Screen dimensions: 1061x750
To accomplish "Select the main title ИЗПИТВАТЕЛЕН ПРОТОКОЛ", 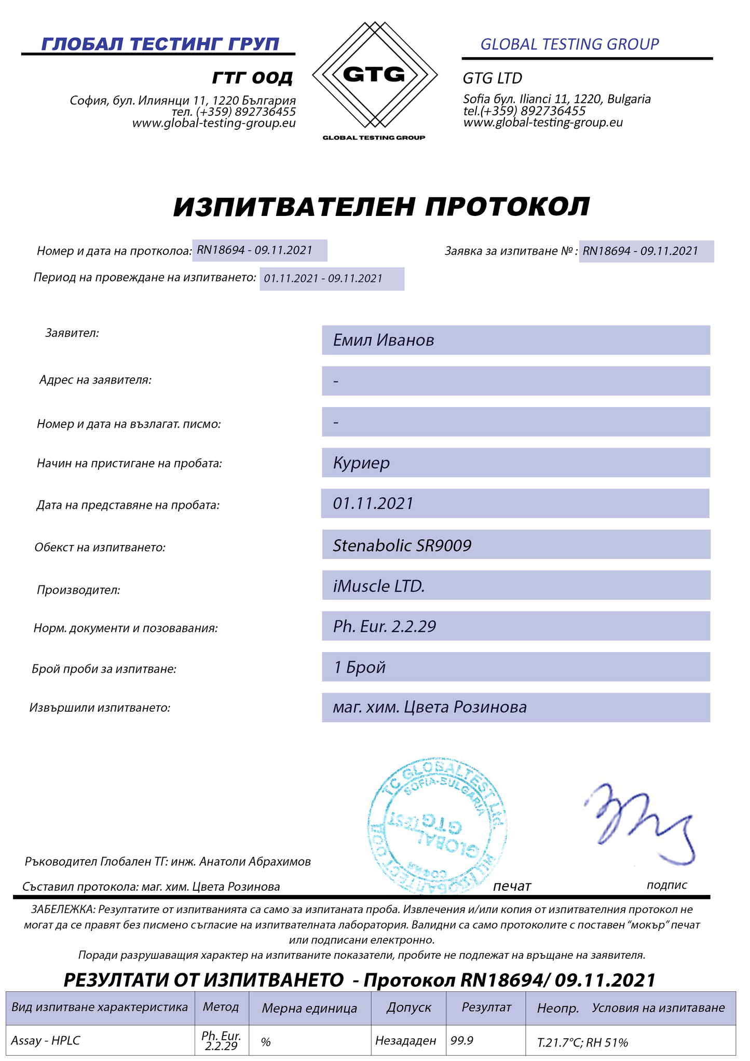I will [381, 207].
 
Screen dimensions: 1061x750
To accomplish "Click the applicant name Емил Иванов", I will [384, 341].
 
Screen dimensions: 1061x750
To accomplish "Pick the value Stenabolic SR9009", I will [402, 546].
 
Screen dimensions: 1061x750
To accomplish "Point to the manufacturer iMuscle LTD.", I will [379, 586].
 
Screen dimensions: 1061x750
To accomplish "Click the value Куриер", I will [361, 463].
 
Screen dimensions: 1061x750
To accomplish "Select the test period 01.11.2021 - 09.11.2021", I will [323, 279].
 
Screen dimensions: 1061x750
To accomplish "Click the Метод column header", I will [221, 1007].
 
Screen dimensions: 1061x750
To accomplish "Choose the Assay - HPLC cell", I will [46, 1040].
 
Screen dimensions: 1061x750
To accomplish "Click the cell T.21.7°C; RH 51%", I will [582, 1042].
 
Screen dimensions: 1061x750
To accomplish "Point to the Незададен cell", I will [406, 1040].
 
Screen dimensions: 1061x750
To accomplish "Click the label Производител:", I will [78, 590].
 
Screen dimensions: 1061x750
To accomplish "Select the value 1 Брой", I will [360, 667].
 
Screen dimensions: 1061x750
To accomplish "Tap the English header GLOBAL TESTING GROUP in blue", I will [569, 45].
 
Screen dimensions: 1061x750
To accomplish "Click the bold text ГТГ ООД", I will [252, 78].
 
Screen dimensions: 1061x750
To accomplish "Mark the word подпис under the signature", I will [666, 885].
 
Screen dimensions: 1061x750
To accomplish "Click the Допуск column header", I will [408, 1007].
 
